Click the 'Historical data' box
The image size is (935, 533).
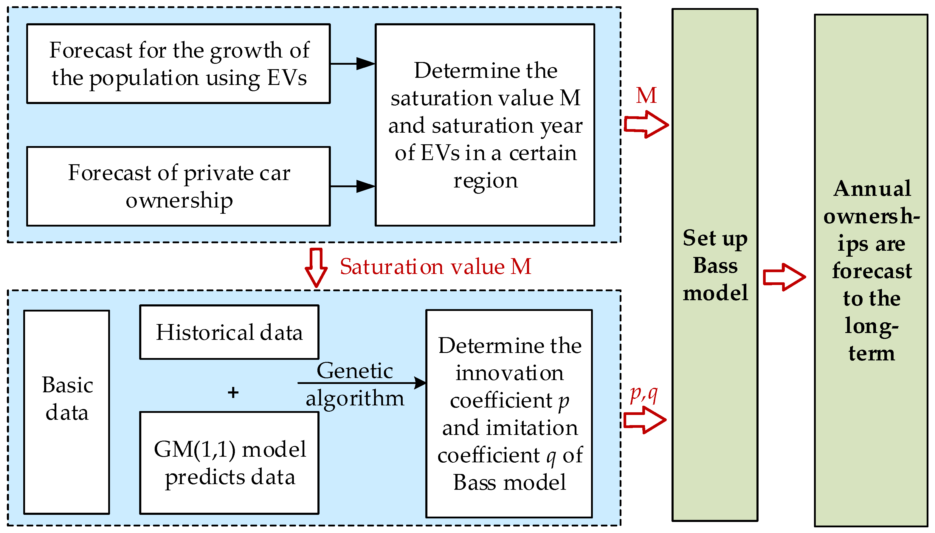[229, 332]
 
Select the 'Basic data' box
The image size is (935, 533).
[66, 412]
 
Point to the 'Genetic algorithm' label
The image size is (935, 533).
[355, 384]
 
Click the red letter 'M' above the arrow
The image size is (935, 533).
[646, 96]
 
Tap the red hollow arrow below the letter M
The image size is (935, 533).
[646, 125]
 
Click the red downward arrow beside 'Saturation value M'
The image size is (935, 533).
[316, 267]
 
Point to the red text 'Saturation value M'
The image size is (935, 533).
[435, 266]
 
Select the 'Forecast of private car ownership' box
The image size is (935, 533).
[179, 186]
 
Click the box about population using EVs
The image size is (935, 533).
[179, 64]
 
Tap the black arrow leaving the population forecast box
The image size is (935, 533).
[352, 64]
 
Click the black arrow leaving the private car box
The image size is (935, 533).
[352, 186]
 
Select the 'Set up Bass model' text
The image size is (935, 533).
[715, 265]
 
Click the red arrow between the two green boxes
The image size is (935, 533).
[784, 277]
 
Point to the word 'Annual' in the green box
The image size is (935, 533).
[872, 189]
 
